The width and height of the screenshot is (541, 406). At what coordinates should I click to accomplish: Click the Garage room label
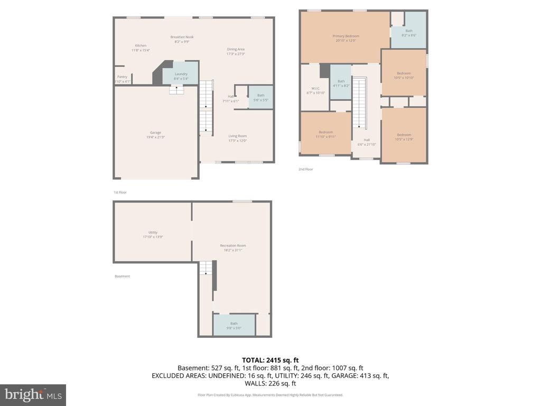pyautogui.click(x=155, y=133)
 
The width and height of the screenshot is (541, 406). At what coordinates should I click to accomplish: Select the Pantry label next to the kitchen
pyautogui.click(x=122, y=77)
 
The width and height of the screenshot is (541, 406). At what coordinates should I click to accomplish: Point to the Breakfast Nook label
pyautogui.click(x=182, y=37)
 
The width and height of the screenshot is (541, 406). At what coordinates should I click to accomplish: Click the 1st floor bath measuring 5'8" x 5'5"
pyautogui.click(x=260, y=96)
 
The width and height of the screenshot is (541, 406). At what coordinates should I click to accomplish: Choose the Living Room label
pyautogui.click(x=237, y=136)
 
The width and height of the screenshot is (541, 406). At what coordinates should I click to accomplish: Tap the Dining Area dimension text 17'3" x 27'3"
pyautogui.click(x=236, y=54)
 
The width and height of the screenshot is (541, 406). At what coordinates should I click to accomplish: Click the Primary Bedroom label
pyautogui.click(x=346, y=36)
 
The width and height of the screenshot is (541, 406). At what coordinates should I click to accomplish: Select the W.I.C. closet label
pyautogui.click(x=315, y=88)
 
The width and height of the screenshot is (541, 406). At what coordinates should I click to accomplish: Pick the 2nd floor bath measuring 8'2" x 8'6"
pyautogui.click(x=409, y=31)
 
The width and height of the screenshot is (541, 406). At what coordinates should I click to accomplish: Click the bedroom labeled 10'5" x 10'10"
pyautogui.click(x=404, y=73)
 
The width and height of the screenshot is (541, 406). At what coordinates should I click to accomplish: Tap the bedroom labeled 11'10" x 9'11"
pyautogui.click(x=325, y=132)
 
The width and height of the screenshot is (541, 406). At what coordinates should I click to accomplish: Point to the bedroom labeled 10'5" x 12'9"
pyautogui.click(x=404, y=134)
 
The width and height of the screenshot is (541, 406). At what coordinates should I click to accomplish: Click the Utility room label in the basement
pyautogui.click(x=153, y=233)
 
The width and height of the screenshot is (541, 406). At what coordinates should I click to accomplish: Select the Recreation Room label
pyautogui.click(x=233, y=245)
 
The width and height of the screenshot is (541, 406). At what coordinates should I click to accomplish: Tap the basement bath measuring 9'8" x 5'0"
pyautogui.click(x=234, y=324)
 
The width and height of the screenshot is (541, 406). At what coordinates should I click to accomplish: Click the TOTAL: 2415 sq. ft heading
pyautogui.click(x=270, y=359)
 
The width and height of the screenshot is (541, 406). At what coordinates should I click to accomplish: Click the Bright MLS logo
pyautogui.click(x=33, y=395)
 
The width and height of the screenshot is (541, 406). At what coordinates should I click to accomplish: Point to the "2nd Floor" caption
pyautogui.click(x=306, y=169)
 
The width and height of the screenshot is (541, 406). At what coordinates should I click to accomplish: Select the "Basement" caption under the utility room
pyautogui.click(x=122, y=276)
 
